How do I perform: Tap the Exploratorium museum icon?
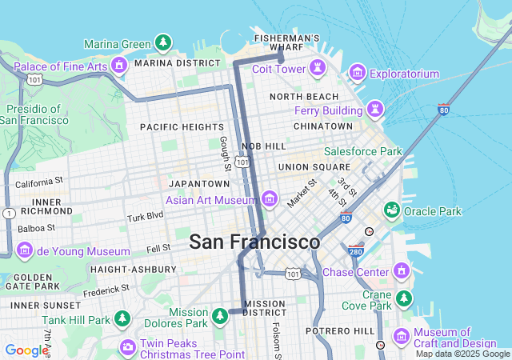click(357, 74)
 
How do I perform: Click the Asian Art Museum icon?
click(269, 198)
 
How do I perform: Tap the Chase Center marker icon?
click(401, 272)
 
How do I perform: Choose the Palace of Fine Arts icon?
click(120, 66)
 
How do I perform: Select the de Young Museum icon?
click(25, 251)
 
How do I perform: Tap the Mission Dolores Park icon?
click(220, 318)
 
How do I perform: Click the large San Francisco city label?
click(254, 242)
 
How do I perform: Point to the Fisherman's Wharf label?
click(286, 42)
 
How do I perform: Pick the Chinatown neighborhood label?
click(322, 126)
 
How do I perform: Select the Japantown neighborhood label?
click(195, 183)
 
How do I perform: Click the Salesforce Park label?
click(362, 151)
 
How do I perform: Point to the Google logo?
click(26, 350)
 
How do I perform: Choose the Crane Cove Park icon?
click(404, 298)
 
